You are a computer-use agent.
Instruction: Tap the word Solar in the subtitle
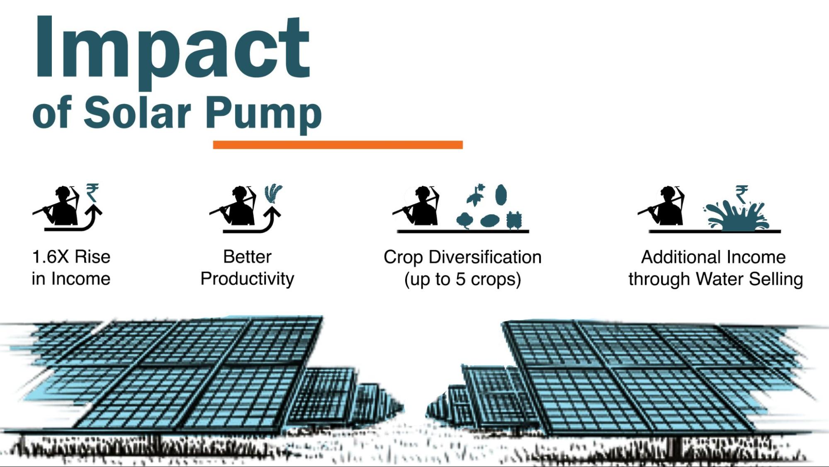tap(137, 112)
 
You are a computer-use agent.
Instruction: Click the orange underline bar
tap(338, 144)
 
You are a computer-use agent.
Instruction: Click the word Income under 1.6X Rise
tap(80, 279)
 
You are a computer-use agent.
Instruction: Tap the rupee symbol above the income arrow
tap(92, 193)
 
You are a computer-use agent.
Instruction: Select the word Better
tap(247, 257)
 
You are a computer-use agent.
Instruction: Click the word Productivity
tap(247, 279)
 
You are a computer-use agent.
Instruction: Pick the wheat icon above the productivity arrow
tap(273, 194)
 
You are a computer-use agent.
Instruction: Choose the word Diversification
tap(485, 257)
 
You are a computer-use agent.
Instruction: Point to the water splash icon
tap(736, 215)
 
